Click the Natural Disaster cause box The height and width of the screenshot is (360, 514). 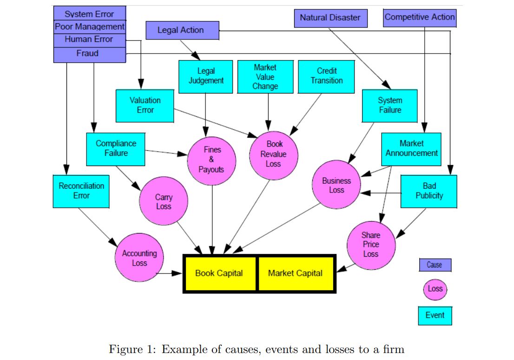pyautogui.click(x=330, y=18)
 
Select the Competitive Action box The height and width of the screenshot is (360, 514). pyautogui.click(x=420, y=17)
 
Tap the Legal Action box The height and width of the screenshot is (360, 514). pyautogui.click(x=181, y=30)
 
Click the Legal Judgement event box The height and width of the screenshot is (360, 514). pyautogui.click(x=205, y=76)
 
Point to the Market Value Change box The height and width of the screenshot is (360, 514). pyautogui.click(x=265, y=77)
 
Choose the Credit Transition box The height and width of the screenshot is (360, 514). pyautogui.click(x=326, y=76)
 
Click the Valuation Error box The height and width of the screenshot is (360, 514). pyautogui.click(x=145, y=106)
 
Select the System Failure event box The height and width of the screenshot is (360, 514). pyautogui.click(x=389, y=106)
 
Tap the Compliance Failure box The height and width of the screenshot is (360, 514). pyautogui.click(x=116, y=149)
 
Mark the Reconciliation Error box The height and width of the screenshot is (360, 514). pyautogui.click(x=81, y=191)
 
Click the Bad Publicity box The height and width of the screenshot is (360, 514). pyautogui.click(x=428, y=191)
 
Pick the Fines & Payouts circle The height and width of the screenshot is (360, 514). pyautogui.click(x=211, y=160)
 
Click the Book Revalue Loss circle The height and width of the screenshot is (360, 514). pyautogui.click(x=273, y=154)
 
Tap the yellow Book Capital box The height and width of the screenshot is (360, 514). pyautogui.click(x=219, y=273)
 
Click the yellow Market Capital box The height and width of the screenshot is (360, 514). pyautogui.click(x=296, y=273)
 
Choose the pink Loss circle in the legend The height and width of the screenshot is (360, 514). pyautogui.click(x=435, y=289)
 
